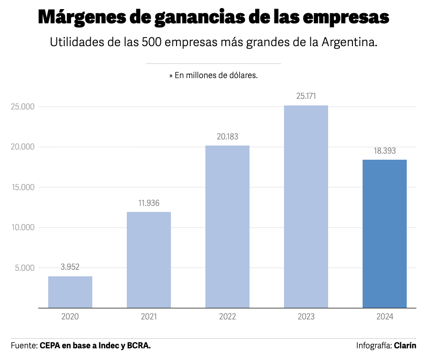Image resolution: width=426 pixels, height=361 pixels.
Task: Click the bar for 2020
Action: point(70,292)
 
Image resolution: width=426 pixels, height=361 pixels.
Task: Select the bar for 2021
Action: point(149,260)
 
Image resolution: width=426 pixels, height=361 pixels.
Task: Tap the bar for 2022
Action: point(227,227)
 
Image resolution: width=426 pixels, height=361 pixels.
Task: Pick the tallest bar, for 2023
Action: point(306,206)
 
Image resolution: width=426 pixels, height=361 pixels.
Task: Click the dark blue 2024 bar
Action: point(384,234)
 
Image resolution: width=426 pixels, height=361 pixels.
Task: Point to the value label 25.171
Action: point(306,96)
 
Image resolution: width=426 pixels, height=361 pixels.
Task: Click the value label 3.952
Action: point(70,267)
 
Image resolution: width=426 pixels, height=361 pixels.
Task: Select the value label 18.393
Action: point(384,151)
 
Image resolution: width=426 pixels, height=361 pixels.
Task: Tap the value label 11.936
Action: point(149,203)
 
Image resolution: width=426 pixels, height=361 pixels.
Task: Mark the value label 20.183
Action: point(227,136)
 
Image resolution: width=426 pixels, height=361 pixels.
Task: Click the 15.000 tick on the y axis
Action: point(22,187)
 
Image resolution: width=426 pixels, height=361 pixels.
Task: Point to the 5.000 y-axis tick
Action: point(24,268)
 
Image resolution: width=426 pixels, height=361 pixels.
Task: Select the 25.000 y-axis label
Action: point(22,106)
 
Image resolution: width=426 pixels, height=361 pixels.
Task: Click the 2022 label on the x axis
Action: point(227,317)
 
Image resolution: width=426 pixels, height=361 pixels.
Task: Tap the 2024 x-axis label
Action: point(384,317)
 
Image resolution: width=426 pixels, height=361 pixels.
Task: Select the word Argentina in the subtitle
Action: point(350,42)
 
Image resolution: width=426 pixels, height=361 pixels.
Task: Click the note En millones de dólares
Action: point(216,75)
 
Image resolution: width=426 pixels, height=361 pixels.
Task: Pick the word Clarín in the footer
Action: point(405,346)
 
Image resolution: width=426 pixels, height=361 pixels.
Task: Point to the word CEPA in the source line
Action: point(49,346)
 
